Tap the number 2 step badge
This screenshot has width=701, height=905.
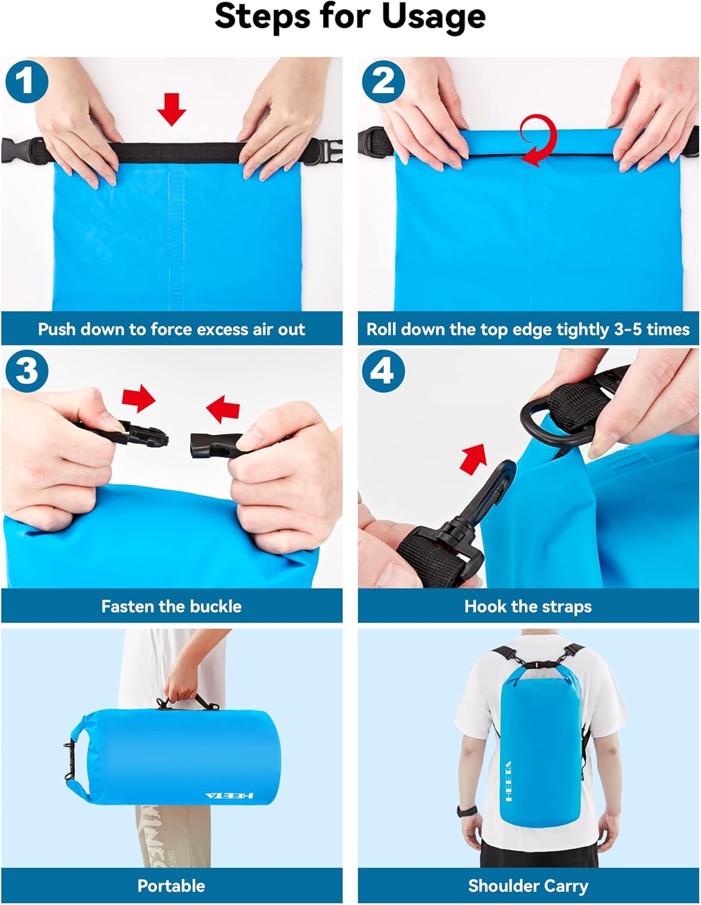[x=383, y=81]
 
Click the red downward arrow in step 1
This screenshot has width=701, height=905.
[x=171, y=109]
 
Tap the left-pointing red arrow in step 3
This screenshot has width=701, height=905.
[x=223, y=409]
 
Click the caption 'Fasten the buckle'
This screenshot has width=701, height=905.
[x=171, y=606]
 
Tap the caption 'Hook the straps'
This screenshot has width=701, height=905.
[x=528, y=606]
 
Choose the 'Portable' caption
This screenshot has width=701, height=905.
[x=171, y=886]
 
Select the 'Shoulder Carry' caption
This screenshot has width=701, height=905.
[x=528, y=886]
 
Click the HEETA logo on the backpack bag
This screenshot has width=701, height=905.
[x=508, y=781]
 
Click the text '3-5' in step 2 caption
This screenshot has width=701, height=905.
[x=628, y=329]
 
